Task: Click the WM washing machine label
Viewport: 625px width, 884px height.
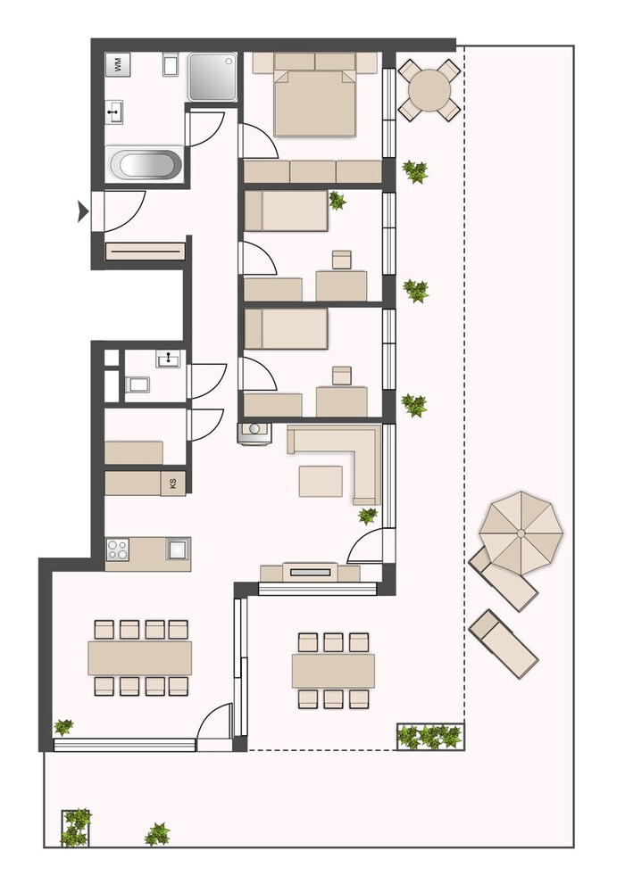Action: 118,65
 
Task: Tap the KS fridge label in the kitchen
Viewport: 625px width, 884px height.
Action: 173,483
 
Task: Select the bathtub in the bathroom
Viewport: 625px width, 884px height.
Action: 146,164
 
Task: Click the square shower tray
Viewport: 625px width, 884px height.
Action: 212,78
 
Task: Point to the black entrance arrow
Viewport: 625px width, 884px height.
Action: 83,211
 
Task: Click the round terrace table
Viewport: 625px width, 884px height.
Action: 429,89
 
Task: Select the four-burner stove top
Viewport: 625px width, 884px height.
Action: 118,549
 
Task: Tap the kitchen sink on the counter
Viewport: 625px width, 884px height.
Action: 179,549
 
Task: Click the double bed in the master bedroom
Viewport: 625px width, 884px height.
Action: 315,102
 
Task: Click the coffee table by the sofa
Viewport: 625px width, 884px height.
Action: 321,481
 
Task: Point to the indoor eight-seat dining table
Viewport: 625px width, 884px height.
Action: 140,657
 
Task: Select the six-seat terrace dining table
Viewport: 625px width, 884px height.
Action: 333,670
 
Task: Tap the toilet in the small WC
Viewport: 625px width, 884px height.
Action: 137,384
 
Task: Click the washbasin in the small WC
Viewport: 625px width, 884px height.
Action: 168,359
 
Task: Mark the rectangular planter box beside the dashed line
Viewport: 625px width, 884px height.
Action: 430,736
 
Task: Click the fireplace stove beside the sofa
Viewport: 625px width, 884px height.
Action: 254,433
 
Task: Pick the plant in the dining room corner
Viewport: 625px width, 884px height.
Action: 63,727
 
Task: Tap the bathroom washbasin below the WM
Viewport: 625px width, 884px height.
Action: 115,112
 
